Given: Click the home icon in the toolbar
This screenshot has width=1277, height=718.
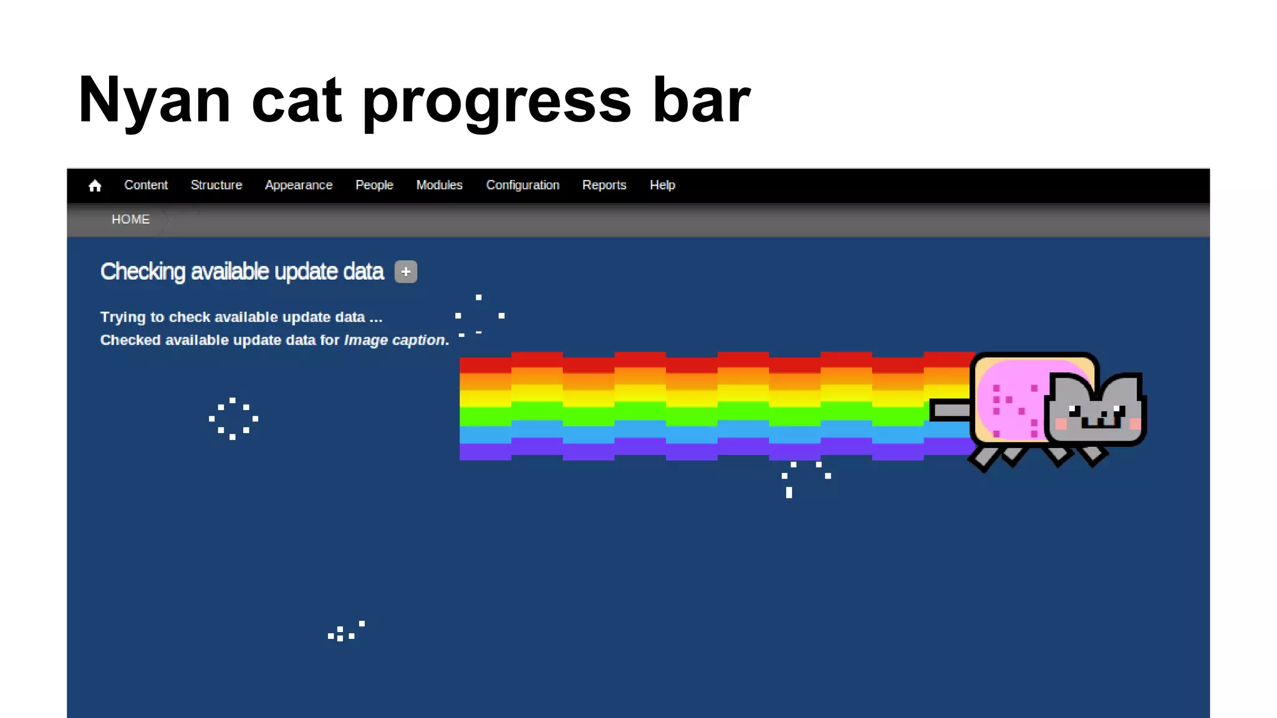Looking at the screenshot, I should click(95, 186).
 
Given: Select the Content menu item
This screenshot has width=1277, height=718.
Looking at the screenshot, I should click(146, 185).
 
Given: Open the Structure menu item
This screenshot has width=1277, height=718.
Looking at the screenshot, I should click(216, 185).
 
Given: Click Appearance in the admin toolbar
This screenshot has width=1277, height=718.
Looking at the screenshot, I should click(298, 185).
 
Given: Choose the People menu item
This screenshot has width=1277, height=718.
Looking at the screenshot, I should click(374, 185).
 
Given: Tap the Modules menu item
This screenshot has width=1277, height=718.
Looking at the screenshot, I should click(439, 185).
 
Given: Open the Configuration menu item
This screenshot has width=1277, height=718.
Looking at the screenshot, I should click(523, 185).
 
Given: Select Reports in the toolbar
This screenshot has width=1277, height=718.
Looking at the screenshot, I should click(604, 185).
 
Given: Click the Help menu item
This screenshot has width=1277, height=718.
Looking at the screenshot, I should click(662, 185).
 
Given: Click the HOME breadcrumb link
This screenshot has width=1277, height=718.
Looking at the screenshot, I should click(130, 219).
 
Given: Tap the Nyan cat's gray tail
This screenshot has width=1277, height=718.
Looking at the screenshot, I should click(950, 410).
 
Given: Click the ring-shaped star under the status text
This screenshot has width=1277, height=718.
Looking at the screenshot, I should click(233, 419).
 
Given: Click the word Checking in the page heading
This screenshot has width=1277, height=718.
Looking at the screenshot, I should click(143, 272).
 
